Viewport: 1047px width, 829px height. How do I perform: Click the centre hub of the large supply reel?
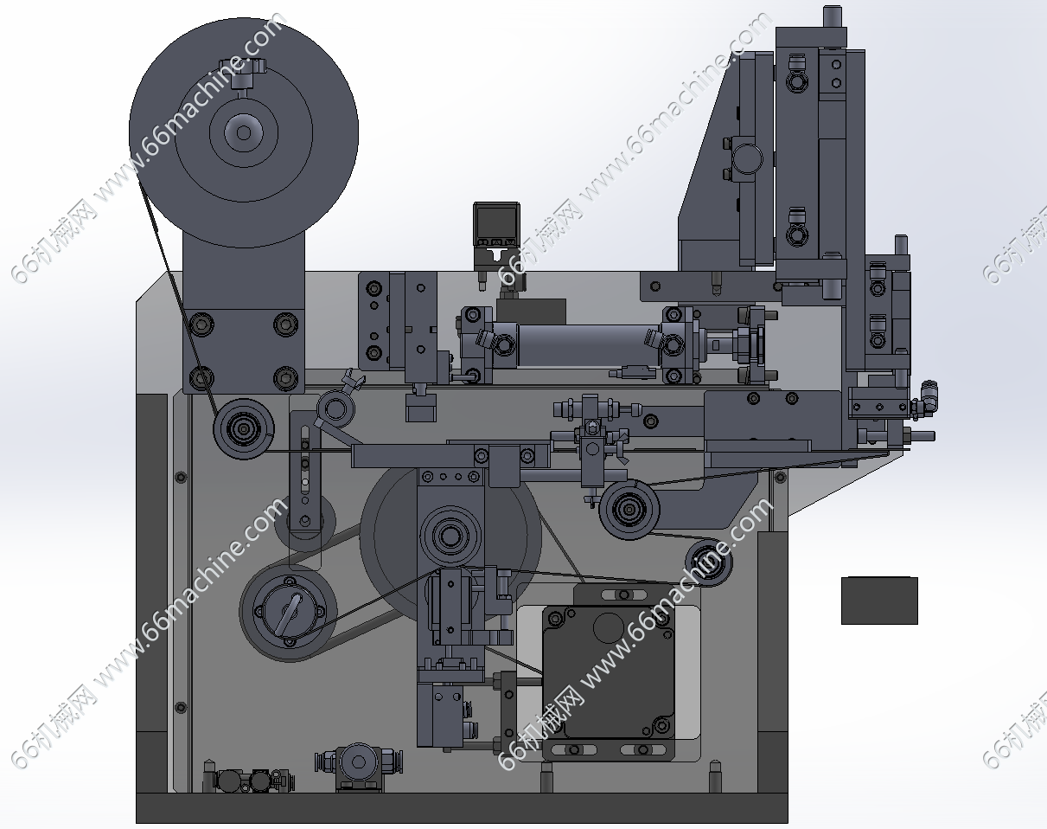pyautogui.click(x=243, y=132)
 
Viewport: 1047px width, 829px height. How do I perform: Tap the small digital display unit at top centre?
pyautogui.click(x=495, y=227)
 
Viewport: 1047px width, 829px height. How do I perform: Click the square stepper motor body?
pyautogui.click(x=608, y=673)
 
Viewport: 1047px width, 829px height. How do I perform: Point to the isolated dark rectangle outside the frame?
pyautogui.click(x=879, y=601)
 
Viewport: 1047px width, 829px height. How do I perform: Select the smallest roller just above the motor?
pyautogui.click(x=709, y=561)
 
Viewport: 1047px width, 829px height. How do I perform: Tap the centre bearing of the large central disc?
pyautogui.click(x=450, y=536)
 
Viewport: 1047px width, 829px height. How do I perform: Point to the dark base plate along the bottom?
pyautogui.click(x=462, y=808)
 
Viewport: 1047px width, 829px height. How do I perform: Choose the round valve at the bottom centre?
pyautogui.click(x=356, y=764)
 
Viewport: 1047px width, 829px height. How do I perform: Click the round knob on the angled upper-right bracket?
pyautogui.click(x=747, y=158)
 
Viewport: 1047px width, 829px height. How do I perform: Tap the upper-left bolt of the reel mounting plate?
pyautogui.click(x=202, y=325)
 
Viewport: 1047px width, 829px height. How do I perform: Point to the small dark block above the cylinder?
pyautogui.click(x=531, y=311)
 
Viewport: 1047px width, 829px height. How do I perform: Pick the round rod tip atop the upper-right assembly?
pyautogui.click(x=832, y=16)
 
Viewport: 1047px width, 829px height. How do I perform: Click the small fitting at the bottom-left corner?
pyautogui.click(x=229, y=781)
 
